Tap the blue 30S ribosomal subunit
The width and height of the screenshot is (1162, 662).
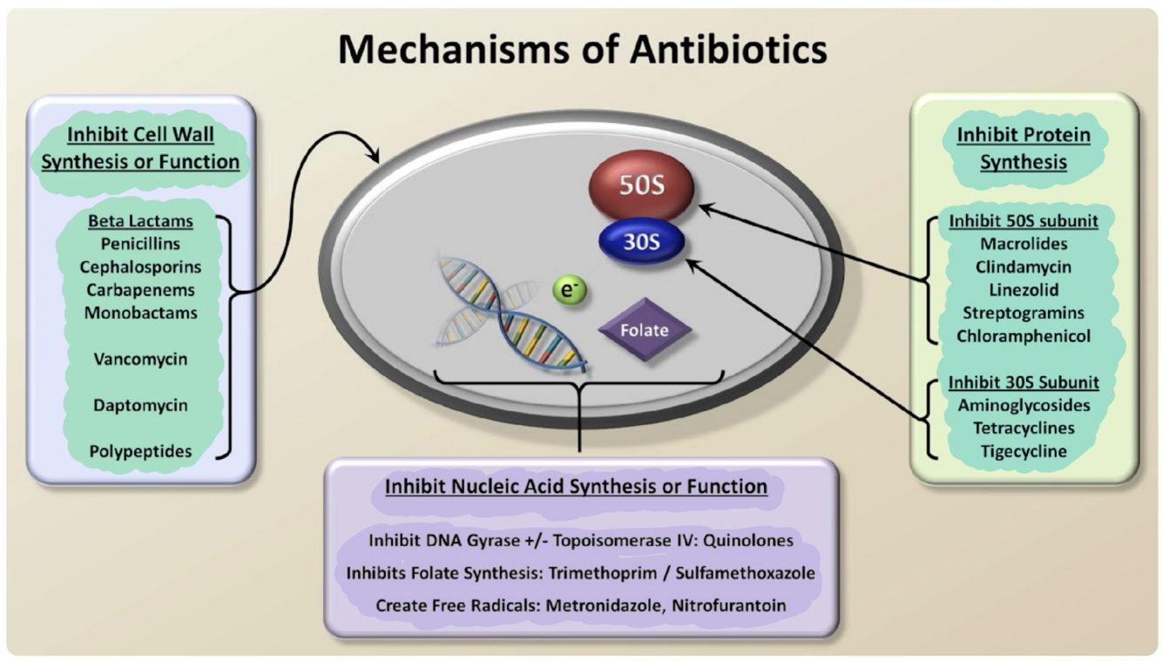click(x=641, y=242)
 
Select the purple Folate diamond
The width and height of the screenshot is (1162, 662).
click(x=645, y=330)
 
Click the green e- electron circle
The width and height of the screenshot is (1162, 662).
click(x=571, y=292)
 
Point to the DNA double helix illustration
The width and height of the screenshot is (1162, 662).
click(x=505, y=314)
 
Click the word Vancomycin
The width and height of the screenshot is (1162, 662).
click(x=140, y=359)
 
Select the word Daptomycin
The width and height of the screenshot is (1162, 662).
click(x=140, y=405)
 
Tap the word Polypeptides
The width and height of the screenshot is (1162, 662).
click(x=140, y=451)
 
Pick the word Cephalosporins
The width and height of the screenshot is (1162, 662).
click(x=140, y=267)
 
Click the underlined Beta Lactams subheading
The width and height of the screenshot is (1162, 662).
click(x=140, y=221)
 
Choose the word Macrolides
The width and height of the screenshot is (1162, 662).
click(x=1024, y=244)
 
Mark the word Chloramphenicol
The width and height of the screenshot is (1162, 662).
click(x=1024, y=335)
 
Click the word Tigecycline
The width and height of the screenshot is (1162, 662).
click(x=1024, y=450)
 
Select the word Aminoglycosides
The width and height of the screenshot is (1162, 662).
click(x=1024, y=404)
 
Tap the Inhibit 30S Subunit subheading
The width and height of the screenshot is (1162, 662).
click(x=1024, y=382)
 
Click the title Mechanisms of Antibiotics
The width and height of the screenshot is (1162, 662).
click(x=582, y=50)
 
